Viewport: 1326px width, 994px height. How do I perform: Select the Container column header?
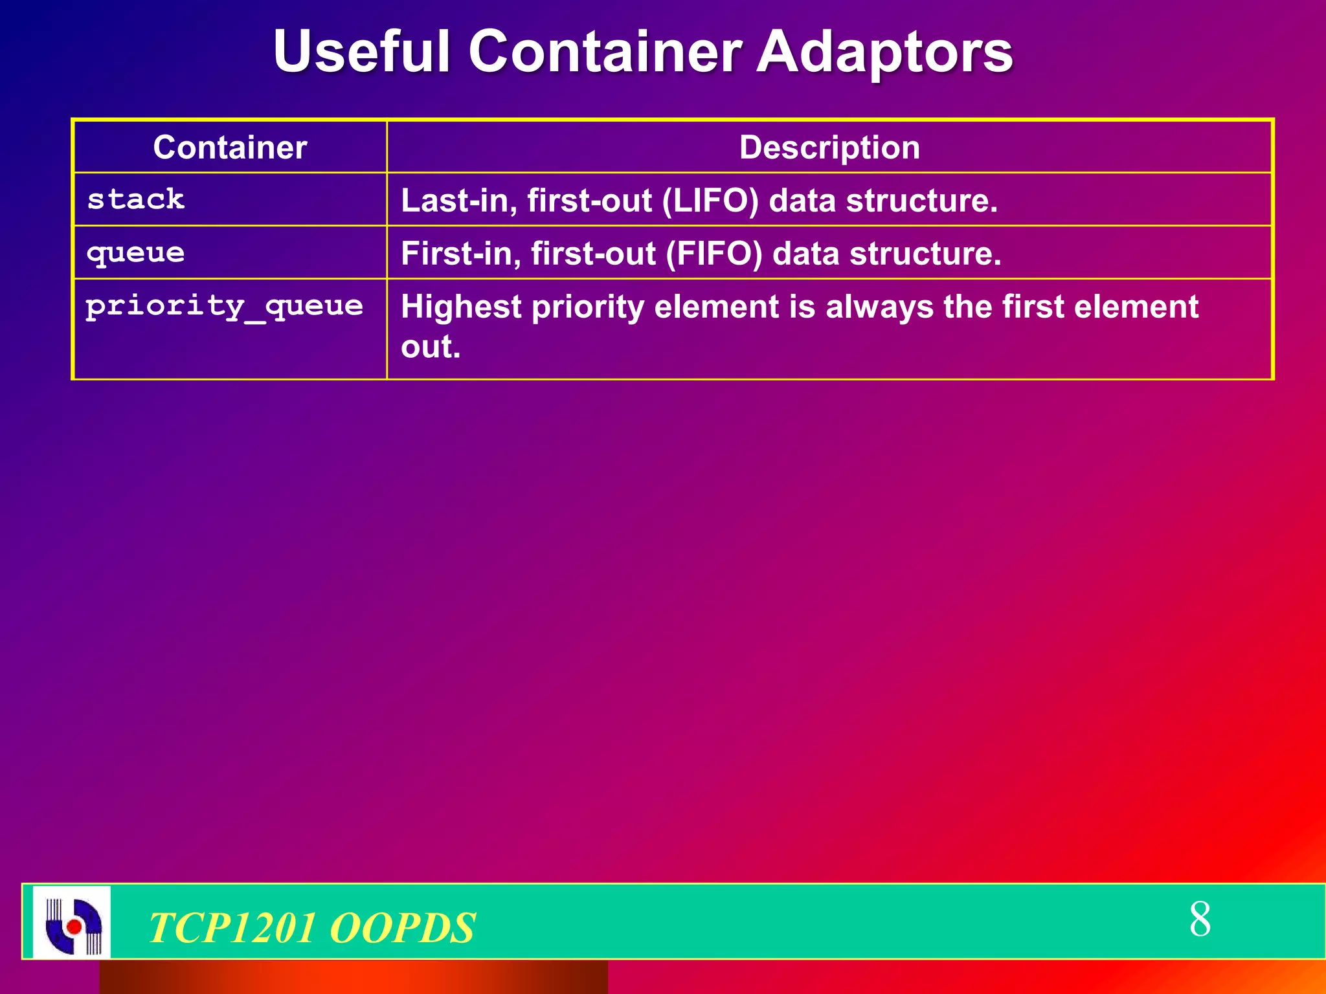point(230,148)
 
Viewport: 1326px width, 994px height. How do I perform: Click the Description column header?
point(829,148)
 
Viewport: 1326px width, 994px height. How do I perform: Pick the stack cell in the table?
point(136,199)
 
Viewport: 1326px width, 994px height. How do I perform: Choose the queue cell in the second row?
point(136,253)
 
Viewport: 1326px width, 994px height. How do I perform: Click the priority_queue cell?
point(224,306)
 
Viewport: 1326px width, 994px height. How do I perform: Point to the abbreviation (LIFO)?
point(710,201)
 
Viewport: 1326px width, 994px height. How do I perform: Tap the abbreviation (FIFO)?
point(714,254)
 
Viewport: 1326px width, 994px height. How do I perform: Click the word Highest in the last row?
point(461,307)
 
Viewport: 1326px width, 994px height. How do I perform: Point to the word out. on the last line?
point(431,347)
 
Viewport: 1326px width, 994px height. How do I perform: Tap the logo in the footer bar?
point(72,922)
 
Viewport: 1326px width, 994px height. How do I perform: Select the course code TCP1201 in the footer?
point(232,928)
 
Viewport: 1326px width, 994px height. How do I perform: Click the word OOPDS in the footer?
point(403,928)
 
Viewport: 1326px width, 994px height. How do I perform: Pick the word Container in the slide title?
point(605,52)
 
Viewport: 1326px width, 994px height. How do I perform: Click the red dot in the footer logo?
point(74,927)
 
